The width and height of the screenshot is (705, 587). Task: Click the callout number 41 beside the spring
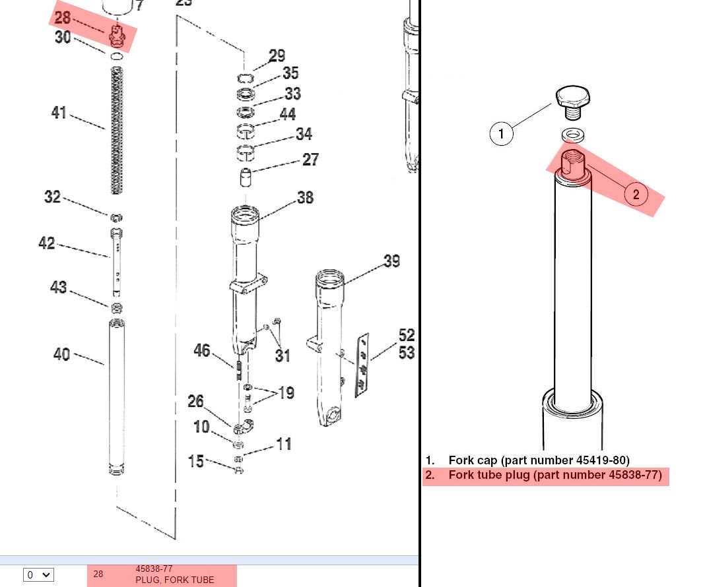(59, 112)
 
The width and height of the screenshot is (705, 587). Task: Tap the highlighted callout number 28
(63, 18)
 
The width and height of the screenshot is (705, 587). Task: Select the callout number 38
(305, 198)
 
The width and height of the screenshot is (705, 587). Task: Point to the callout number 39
(391, 261)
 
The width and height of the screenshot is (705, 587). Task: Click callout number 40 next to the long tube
(61, 354)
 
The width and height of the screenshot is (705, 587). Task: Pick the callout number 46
(202, 350)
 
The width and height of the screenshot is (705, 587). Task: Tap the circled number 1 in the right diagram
(501, 133)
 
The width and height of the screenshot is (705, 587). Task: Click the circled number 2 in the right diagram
(636, 195)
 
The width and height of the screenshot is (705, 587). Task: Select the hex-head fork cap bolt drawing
(572, 102)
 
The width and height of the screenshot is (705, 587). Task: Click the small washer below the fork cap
(572, 135)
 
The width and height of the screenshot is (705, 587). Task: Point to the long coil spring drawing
(117, 130)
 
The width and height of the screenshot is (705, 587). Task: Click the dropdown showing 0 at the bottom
(39, 575)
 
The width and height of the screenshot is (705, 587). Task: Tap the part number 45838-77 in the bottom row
(154, 569)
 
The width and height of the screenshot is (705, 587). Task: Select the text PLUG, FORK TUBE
(174, 580)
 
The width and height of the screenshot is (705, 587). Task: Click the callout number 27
(310, 160)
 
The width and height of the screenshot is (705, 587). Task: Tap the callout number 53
(407, 353)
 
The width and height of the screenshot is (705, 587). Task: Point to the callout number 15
(195, 461)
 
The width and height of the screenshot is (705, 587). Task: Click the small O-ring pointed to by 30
(116, 56)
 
